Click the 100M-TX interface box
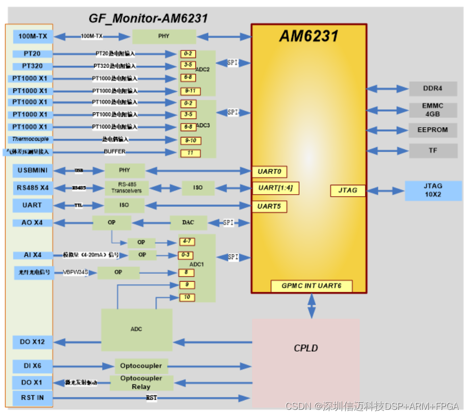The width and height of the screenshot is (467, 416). point(32,37)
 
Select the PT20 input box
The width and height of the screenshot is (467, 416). point(32,54)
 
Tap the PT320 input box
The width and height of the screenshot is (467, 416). point(32,66)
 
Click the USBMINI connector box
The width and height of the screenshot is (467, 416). point(32,170)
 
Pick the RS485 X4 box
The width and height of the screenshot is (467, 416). point(32,188)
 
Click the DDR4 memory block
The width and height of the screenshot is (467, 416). point(432,89)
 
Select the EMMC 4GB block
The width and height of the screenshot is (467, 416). point(432,110)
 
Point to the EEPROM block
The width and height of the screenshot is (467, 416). point(432,130)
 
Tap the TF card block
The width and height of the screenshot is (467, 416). point(432,151)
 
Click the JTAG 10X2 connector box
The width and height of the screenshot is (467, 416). point(432,190)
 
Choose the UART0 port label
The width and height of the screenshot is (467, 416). point(269,172)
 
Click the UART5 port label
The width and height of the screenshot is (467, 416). point(269,206)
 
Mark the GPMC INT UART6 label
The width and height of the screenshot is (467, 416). point(311,286)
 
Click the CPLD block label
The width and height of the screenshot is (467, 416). point(306,349)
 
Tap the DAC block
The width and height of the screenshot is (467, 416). point(188,223)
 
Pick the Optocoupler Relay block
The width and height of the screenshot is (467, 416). point(141,383)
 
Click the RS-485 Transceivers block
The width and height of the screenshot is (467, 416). point(126,188)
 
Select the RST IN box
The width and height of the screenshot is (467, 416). point(32,398)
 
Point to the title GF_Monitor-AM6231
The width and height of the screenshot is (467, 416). point(148,19)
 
